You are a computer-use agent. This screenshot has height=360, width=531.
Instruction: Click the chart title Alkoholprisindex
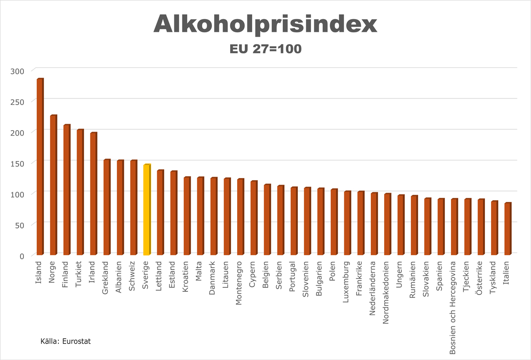click(x=265, y=24)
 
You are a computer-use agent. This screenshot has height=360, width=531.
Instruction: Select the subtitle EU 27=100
click(x=265, y=49)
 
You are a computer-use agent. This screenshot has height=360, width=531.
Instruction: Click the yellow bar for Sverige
click(x=147, y=210)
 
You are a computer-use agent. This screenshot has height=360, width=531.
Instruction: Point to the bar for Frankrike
click(x=361, y=223)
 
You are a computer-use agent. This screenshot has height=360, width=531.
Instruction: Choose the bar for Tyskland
click(x=494, y=228)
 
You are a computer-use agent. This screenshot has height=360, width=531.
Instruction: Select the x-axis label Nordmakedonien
click(x=387, y=292)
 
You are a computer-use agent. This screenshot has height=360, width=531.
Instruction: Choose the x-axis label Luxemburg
click(x=347, y=284)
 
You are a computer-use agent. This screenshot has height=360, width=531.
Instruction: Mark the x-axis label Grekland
click(x=106, y=278)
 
